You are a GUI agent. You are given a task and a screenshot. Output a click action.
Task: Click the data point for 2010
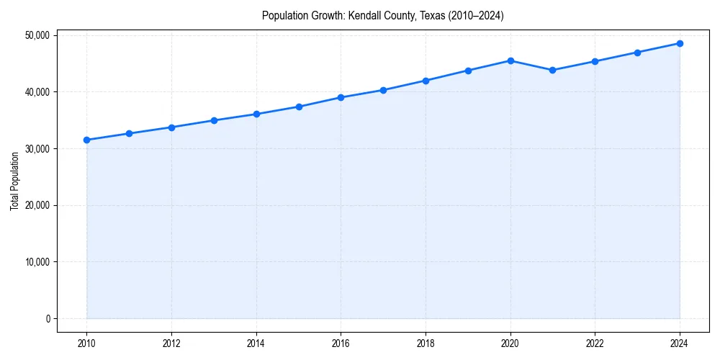(x=86, y=140)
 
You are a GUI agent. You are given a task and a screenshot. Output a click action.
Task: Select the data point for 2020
(x=510, y=60)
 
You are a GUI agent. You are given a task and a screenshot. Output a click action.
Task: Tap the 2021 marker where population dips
(x=552, y=70)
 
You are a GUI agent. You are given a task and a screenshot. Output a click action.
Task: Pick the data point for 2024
(x=680, y=43)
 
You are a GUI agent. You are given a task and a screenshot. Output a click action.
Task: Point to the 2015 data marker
(x=299, y=107)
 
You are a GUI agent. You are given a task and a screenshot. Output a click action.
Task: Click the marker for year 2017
(x=383, y=90)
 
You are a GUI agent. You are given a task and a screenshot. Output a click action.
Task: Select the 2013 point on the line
(x=214, y=120)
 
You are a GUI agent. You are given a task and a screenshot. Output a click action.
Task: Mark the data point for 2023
(x=637, y=53)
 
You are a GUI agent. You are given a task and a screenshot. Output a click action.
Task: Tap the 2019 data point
(x=468, y=71)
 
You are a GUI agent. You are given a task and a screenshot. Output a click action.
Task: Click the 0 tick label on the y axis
(x=47, y=319)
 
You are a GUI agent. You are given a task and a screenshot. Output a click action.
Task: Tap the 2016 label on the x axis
(x=341, y=343)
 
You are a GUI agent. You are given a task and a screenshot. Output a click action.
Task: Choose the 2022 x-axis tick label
(x=595, y=343)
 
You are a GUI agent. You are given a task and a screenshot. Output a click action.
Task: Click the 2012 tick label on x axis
(x=171, y=343)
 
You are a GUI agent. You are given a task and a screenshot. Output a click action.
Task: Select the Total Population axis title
(x=14, y=181)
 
